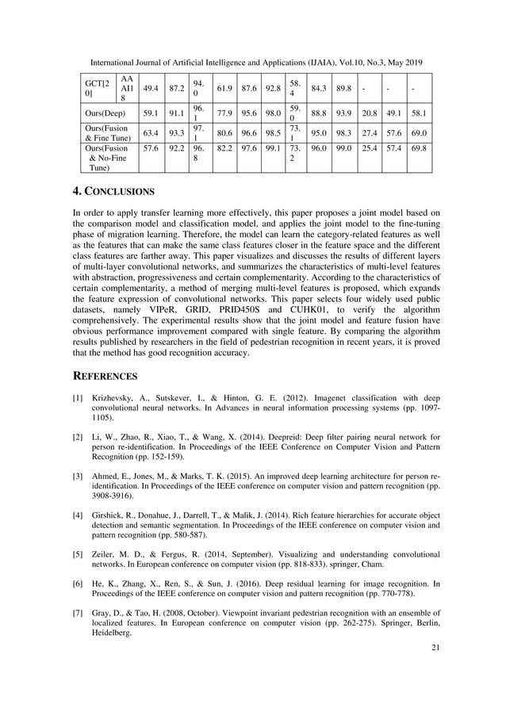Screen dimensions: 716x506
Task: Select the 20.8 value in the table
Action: pyautogui.click(x=367, y=113)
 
